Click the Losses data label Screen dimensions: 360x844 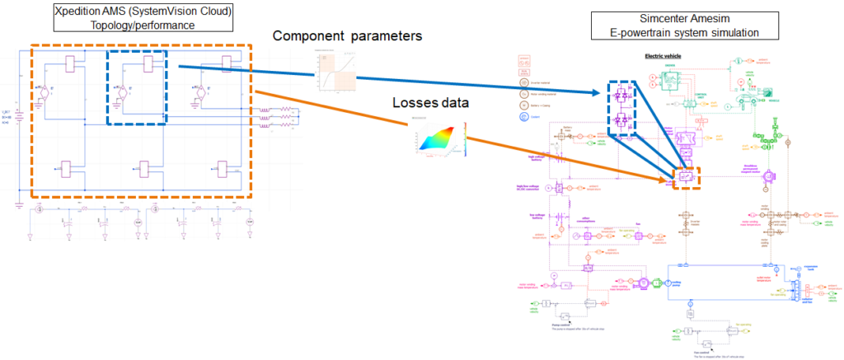pyautogui.click(x=429, y=105)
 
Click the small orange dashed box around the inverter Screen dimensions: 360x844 pyautogui.click(x=687, y=176)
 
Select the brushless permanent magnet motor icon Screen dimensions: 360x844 pyautogui.click(x=770, y=175)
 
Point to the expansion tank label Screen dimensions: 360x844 pyautogui.click(x=812, y=265)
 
